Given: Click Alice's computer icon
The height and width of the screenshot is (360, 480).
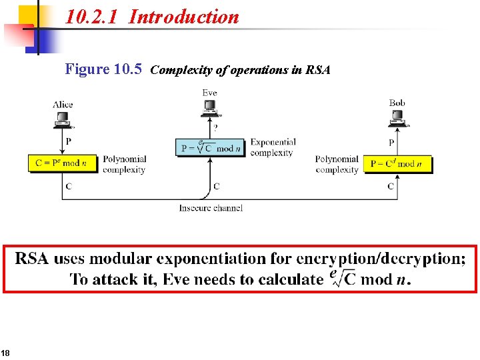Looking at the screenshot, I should point(63,119).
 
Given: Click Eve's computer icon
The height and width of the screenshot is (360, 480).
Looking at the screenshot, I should point(210,107).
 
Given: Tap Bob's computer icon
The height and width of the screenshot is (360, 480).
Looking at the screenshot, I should point(397,119).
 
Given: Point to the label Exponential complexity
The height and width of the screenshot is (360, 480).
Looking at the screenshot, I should point(273,147).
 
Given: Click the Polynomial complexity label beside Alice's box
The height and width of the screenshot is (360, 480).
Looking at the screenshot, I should point(124,164).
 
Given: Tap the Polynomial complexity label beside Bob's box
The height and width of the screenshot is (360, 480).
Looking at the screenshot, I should point(337,164).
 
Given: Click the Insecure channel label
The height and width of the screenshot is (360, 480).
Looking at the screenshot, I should point(211,208).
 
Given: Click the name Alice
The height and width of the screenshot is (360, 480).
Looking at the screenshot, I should point(63,105).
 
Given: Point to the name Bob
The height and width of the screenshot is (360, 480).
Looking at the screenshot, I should point(397,103).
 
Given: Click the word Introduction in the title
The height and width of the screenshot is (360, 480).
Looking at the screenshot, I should point(183,17).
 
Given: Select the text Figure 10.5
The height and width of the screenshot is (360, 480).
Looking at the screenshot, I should point(103,69).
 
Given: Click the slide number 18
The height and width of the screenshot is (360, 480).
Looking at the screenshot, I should point(5,353).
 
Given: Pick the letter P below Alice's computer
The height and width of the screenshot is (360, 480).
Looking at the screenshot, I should point(68,141).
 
